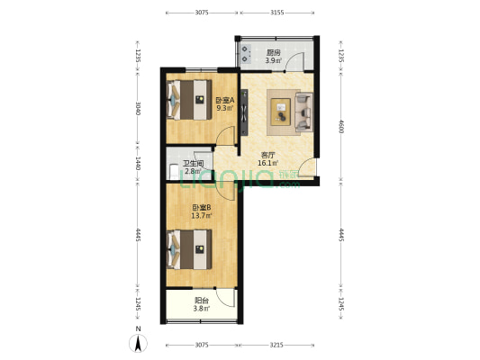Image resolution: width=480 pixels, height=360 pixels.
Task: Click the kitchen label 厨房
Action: click(274, 52)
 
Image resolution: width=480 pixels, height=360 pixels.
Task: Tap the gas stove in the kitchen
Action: click(246, 54)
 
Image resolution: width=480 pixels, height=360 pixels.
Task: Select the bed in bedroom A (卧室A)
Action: click(189, 100)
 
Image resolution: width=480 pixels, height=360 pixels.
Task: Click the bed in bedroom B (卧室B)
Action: click(189, 249)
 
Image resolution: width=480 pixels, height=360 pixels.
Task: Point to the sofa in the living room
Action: click(304, 112)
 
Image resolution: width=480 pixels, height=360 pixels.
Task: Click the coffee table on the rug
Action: click(281, 112)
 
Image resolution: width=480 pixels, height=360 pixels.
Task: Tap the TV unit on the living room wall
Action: click(244, 112)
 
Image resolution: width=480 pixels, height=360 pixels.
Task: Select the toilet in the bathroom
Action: click(174, 172)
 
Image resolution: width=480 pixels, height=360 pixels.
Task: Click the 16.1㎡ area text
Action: click(267, 163)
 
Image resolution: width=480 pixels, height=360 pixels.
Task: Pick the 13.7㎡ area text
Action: click(202, 216)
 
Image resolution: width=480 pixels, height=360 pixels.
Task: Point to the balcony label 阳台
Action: click(202, 301)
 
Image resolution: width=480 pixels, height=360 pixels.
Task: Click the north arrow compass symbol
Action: click(139, 343)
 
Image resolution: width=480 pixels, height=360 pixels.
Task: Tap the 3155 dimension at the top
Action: click(277, 13)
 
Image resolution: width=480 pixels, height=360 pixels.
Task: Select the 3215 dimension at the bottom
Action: click(276, 345)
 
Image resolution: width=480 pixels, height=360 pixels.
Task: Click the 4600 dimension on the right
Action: click(341, 127)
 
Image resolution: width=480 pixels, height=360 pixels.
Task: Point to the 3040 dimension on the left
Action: click(138, 108)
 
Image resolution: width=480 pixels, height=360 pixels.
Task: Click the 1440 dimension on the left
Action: click(138, 163)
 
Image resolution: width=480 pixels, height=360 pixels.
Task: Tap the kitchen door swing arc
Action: click(294, 61)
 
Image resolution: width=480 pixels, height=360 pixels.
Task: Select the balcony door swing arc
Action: click(226, 298)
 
